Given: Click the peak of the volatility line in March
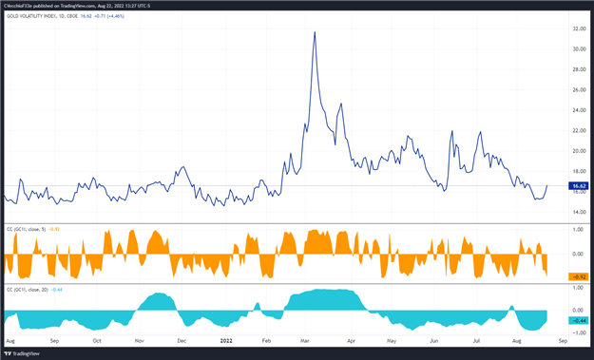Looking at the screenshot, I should pos(315,32).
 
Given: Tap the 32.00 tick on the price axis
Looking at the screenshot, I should pos(578,28).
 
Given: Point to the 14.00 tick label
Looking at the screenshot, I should pos(578,212).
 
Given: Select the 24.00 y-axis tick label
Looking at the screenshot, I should pos(578,110).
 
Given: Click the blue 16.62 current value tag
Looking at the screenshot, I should pos(578,186).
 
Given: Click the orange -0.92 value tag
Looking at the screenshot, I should pos(578,276).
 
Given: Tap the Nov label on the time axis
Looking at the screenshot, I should pos(140,339).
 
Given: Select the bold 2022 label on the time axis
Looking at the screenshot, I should pos(226,339).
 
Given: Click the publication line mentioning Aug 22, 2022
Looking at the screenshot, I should pos(71,5).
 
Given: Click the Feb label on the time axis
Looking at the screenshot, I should pos(266,339).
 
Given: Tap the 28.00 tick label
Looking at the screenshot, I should pos(578,69).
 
